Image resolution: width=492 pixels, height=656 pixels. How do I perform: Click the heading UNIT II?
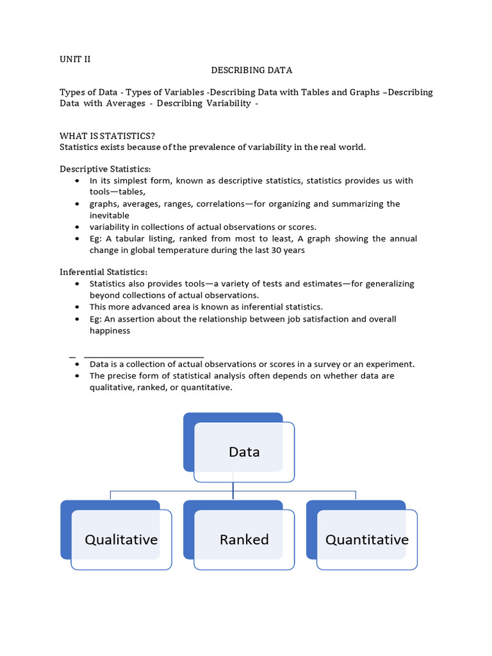75,59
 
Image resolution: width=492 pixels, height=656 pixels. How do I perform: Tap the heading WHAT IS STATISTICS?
107,136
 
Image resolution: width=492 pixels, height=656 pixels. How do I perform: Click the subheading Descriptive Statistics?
105,169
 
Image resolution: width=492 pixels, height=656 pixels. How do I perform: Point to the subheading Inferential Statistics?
103,272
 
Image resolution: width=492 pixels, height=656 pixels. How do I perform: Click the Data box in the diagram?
244,452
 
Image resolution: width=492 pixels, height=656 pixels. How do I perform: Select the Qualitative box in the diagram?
121,539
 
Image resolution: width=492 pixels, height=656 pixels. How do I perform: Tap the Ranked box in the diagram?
244,539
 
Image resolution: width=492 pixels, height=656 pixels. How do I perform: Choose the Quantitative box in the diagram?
367,539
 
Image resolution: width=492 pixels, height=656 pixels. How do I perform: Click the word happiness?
110,331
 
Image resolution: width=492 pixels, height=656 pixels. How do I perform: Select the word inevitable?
109,215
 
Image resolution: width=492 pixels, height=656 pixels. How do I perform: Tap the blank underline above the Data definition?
143,356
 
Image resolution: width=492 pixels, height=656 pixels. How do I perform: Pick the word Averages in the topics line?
124,103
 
